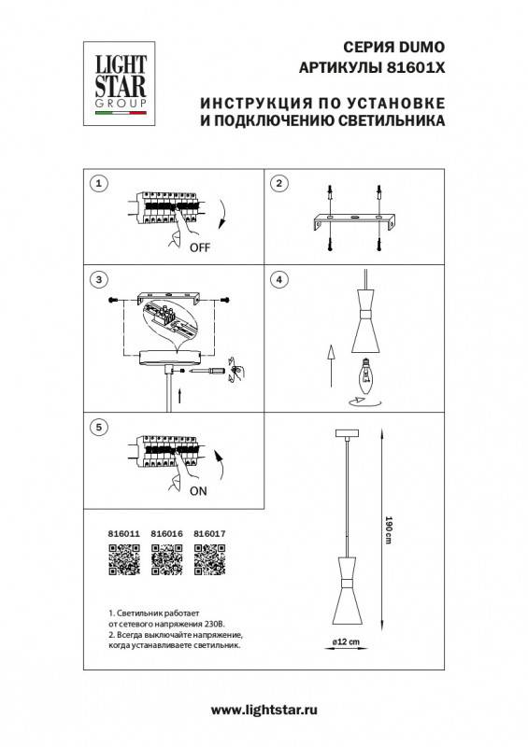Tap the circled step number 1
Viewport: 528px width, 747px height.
(x=100, y=183)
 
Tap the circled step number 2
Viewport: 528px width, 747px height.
(x=278, y=183)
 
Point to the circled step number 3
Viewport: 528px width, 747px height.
(x=100, y=280)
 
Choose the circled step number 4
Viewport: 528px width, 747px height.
(x=278, y=280)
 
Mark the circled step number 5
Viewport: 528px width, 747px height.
(x=100, y=427)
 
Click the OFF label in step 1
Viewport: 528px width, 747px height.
(x=200, y=248)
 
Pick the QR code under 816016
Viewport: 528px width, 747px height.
(x=166, y=561)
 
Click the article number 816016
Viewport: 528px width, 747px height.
(x=166, y=535)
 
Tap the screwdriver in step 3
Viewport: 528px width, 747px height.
(x=212, y=371)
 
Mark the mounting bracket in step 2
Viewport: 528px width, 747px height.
(x=356, y=222)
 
